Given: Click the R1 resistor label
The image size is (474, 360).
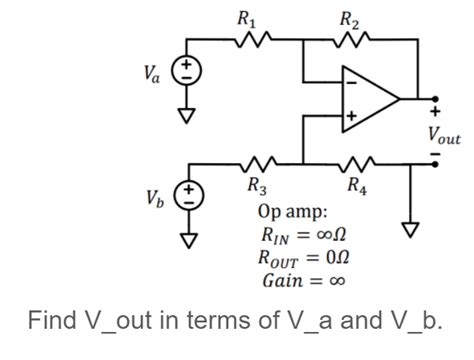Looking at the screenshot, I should tap(245, 17).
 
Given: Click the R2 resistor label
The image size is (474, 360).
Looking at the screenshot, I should tap(349, 17).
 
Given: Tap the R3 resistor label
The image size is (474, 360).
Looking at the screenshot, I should tap(257, 183).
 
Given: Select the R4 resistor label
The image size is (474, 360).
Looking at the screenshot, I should tap(355, 183).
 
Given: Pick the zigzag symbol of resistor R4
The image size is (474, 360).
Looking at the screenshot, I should tap(355, 162).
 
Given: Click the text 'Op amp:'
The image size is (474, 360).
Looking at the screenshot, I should tap(291, 212).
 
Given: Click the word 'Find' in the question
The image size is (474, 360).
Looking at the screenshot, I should tap(52, 322).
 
